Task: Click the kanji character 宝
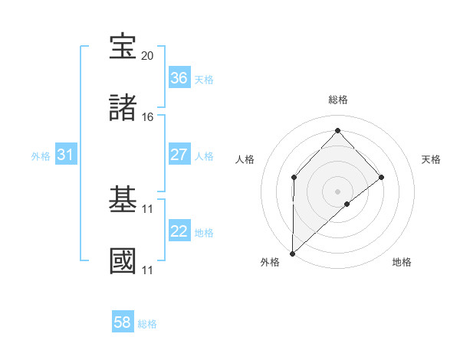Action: [x=123, y=47]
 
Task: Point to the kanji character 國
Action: [x=123, y=261]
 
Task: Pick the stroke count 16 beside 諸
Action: [x=148, y=116]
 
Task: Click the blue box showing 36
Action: [x=179, y=77]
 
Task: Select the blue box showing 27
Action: [x=179, y=154]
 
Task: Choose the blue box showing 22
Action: [x=179, y=231]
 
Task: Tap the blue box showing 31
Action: [x=66, y=155]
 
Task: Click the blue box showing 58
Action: [x=123, y=322]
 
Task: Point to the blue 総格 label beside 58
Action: [x=147, y=324]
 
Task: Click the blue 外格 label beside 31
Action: [x=41, y=155]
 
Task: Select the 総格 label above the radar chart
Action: [x=337, y=100]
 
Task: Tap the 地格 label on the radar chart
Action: [x=402, y=263]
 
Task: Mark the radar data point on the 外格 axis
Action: [x=292, y=253]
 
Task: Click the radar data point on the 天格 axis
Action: [x=382, y=178]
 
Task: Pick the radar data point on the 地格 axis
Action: [x=347, y=204]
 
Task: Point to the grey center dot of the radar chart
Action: [x=337, y=191]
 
